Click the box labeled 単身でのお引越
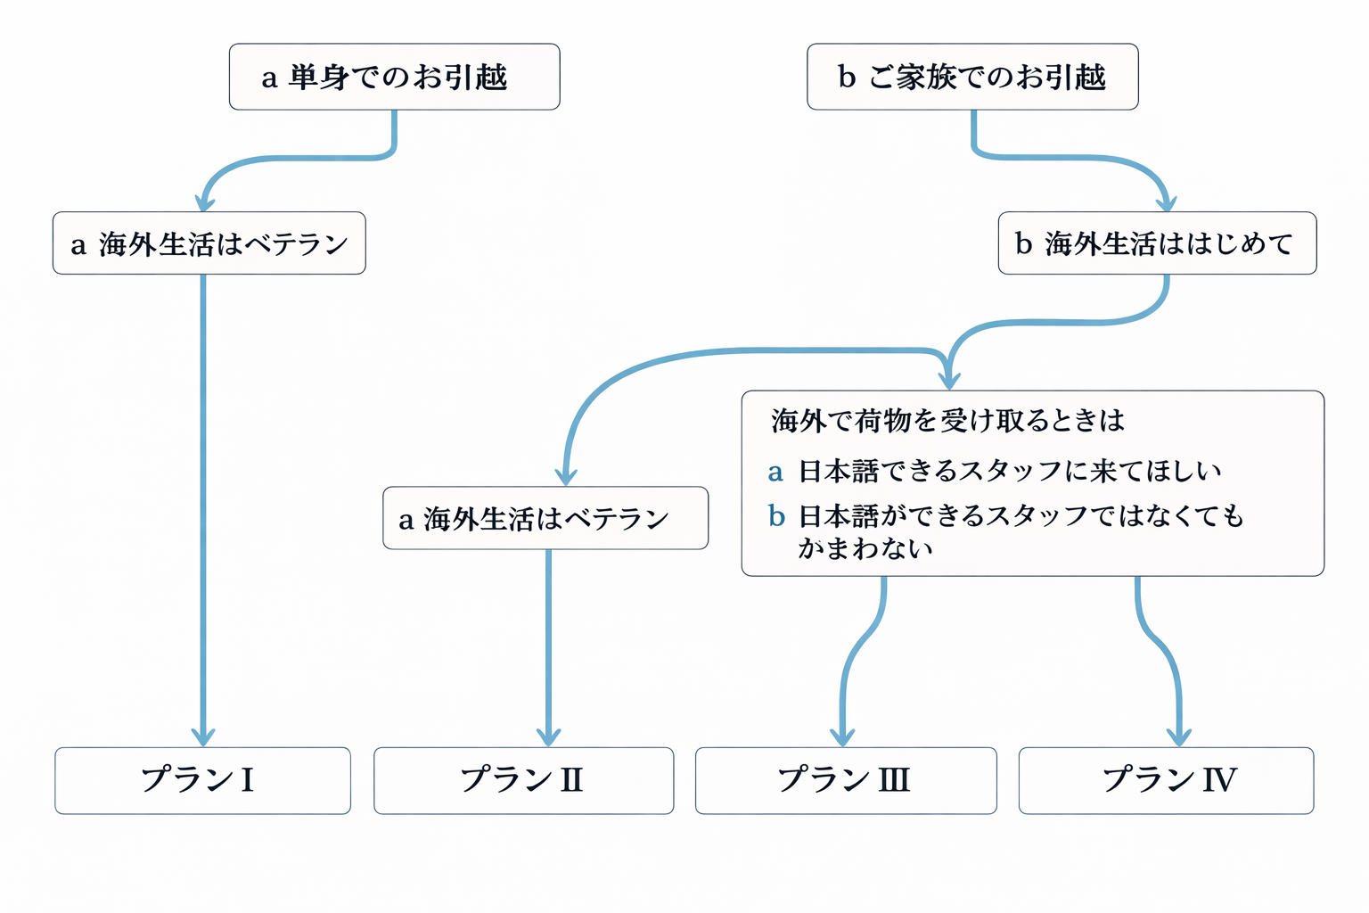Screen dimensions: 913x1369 [394, 77]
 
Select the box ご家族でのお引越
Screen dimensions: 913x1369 [972, 77]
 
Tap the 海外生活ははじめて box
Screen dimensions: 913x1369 [1156, 243]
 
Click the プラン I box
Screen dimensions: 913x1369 [202, 780]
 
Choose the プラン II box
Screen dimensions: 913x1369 [523, 780]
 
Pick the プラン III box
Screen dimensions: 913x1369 [845, 780]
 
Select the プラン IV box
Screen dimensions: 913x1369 [1166, 780]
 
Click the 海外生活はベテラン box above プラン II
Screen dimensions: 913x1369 [545, 518]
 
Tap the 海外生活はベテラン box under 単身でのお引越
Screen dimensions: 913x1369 [209, 243]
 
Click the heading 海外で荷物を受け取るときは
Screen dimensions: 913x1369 [947, 420]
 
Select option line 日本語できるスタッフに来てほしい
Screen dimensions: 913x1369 [1009, 471]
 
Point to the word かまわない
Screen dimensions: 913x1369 [865, 547]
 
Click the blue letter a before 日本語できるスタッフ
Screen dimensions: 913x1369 [775, 472]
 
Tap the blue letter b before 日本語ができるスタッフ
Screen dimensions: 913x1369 [776, 515]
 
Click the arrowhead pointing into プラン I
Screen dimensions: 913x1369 [203, 736]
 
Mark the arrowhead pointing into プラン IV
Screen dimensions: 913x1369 [1179, 736]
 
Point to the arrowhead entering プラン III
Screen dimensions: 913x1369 [842, 736]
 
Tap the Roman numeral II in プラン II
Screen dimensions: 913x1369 [570, 780]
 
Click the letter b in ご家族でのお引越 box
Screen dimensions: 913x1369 [847, 77]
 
